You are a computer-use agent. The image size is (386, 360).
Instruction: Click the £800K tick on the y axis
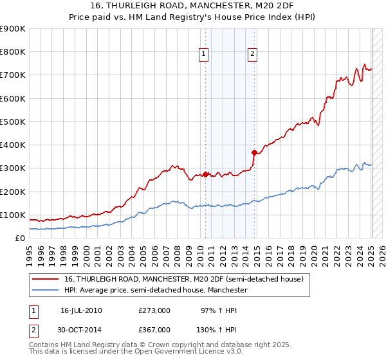pos(13,52)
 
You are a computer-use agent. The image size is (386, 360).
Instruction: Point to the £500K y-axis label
pos(13,122)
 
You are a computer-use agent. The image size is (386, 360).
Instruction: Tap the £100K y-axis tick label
pos(13,215)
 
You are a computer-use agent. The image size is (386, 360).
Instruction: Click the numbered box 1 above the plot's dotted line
pos(203,54)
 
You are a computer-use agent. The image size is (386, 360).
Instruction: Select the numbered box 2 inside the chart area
pos(252,54)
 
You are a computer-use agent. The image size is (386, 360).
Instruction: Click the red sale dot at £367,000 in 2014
pos(255,152)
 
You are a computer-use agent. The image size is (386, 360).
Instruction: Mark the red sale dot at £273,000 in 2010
pos(206,174)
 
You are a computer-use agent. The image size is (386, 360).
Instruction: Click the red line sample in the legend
pos(46,279)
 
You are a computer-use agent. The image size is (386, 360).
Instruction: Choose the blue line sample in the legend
pos(46,290)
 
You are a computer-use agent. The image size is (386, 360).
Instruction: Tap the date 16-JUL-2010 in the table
pos(81,310)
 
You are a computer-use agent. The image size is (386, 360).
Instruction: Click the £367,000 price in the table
pos(154,329)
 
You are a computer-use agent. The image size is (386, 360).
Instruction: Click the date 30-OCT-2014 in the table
pos(82,329)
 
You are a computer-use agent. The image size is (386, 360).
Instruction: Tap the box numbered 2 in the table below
pos(33,329)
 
